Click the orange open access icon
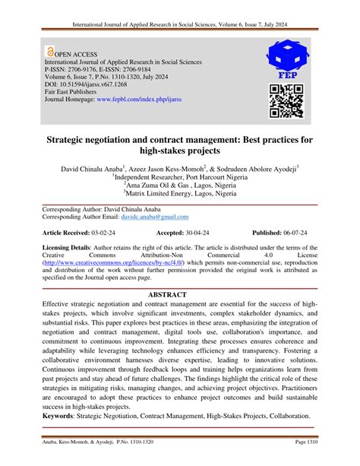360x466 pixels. click(x=50, y=53)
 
